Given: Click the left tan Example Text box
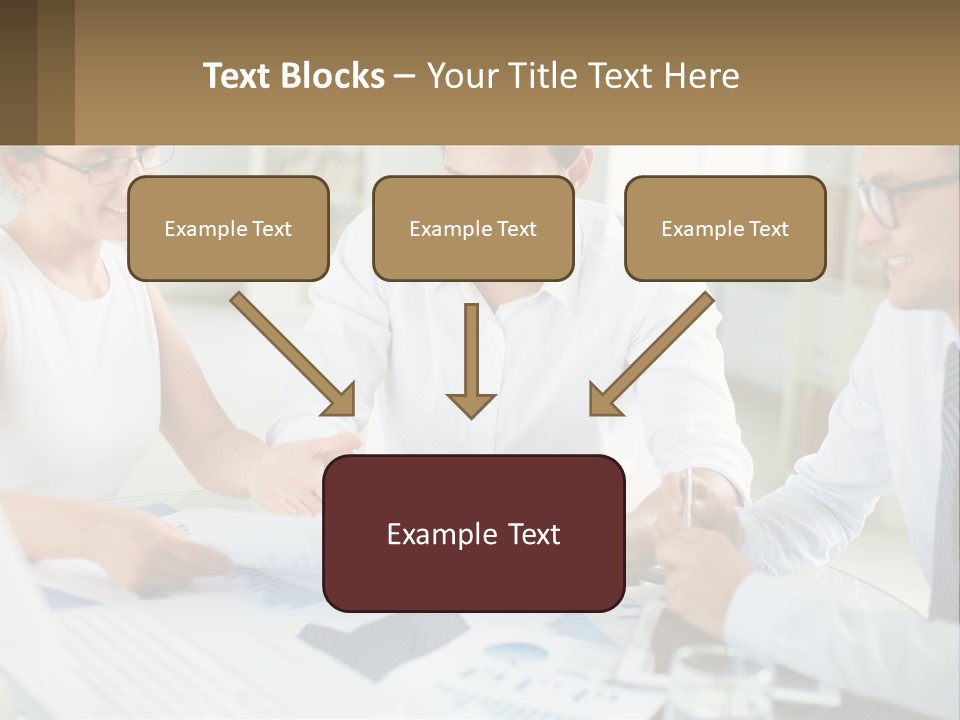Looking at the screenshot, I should pos(228,228).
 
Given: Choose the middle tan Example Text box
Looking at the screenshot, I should pos(473,228).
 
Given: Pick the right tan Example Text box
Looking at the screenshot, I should pos(725,228).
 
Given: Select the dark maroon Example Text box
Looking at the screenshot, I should pos(473,533).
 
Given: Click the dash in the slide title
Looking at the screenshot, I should pos(405,76).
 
